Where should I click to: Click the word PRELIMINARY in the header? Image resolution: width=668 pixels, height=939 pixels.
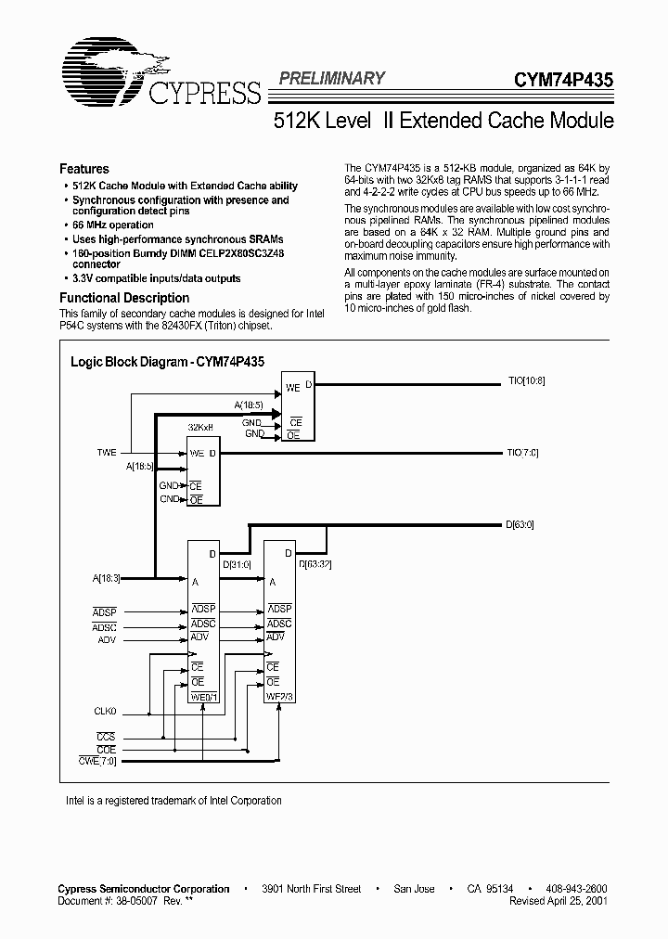pyautogui.click(x=331, y=79)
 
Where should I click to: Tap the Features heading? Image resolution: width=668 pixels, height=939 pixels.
pyautogui.click(x=83, y=169)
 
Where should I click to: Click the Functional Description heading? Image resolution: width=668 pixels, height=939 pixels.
pyautogui.click(x=124, y=298)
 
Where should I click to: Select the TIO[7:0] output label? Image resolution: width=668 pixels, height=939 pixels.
pyautogui.click(x=522, y=454)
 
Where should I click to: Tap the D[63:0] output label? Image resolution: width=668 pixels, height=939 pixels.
pyautogui.click(x=520, y=525)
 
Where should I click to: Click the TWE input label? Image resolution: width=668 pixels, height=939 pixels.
pyautogui.click(x=108, y=453)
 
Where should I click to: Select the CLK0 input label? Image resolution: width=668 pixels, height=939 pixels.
pyautogui.click(x=107, y=713)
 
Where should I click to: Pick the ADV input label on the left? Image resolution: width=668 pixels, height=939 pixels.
pyautogui.click(x=107, y=640)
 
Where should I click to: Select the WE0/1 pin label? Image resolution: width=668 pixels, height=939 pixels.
pyautogui.click(x=204, y=698)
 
